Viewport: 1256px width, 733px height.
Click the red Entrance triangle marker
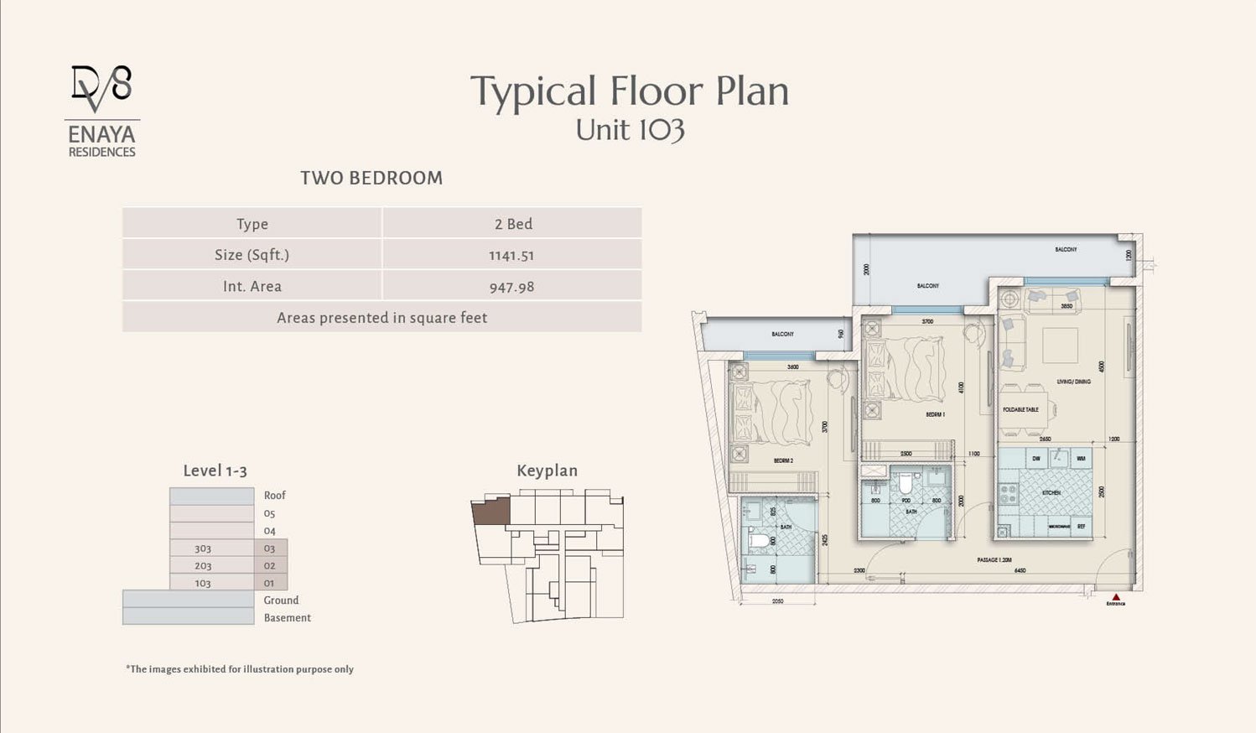point(1115,595)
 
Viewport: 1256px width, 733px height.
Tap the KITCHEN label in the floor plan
point(1051,493)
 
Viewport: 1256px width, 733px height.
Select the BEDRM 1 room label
point(935,415)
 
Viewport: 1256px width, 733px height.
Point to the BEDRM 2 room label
point(783,460)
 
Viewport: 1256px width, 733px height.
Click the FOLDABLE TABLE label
point(1020,409)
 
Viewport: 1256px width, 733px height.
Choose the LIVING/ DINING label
point(1074,382)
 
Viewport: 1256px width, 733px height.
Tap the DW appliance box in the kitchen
point(1036,459)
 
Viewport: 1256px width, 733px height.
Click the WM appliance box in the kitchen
point(1081,459)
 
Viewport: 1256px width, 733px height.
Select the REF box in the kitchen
point(1081,527)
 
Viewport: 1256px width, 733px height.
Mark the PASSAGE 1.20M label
point(994,559)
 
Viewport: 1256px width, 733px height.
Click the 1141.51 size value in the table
point(511,255)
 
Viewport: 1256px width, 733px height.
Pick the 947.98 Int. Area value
point(511,287)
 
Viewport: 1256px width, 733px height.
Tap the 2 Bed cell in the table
point(513,224)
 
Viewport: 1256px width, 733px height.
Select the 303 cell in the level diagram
point(203,548)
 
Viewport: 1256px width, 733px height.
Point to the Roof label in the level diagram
point(275,496)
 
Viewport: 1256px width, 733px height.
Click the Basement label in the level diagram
point(287,618)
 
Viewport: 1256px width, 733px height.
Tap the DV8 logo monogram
point(101,89)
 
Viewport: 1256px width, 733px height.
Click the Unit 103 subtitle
point(630,130)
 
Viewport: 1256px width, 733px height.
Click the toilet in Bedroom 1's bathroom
point(905,485)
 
